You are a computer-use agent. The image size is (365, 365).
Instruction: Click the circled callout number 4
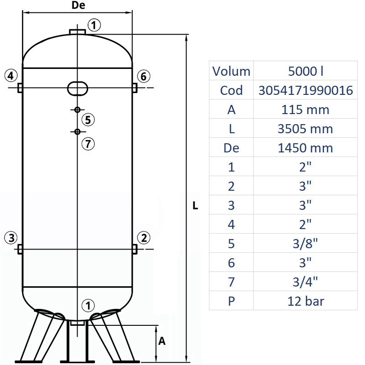click(x=11, y=75)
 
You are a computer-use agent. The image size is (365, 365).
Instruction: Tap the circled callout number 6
click(x=143, y=76)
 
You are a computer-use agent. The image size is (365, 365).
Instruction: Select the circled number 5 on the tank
click(x=89, y=120)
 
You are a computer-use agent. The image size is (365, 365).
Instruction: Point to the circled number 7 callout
click(x=89, y=144)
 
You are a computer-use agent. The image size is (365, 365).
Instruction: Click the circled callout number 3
click(x=11, y=237)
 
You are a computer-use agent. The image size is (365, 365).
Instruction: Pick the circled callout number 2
click(x=144, y=237)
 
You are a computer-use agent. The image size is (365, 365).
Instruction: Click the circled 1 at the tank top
click(x=94, y=25)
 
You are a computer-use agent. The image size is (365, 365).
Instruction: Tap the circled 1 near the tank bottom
click(x=89, y=305)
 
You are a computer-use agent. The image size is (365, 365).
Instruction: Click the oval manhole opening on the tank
click(x=78, y=88)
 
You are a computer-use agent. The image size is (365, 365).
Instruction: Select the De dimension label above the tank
click(x=78, y=6)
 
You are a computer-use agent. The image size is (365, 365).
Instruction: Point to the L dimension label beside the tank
click(x=195, y=206)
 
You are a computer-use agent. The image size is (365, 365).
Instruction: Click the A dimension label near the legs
click(x=162, y=341)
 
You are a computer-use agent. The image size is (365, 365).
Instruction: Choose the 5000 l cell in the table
click(x=306, y=71)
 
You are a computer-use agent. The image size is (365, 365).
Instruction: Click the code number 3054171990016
click(x=306, y=90)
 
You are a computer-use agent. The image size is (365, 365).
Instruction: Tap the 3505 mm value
click(x=306, y=129)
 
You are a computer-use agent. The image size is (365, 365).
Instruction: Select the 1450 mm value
click(x=306, y=148)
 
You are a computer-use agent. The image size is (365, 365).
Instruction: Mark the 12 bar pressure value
click(x=306, y=301)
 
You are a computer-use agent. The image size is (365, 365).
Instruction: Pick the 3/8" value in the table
click(x=306, y=243)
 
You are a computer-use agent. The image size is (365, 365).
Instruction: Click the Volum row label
click(x=231, y=71)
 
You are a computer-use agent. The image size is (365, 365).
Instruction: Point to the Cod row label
click(x=231, y=90)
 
